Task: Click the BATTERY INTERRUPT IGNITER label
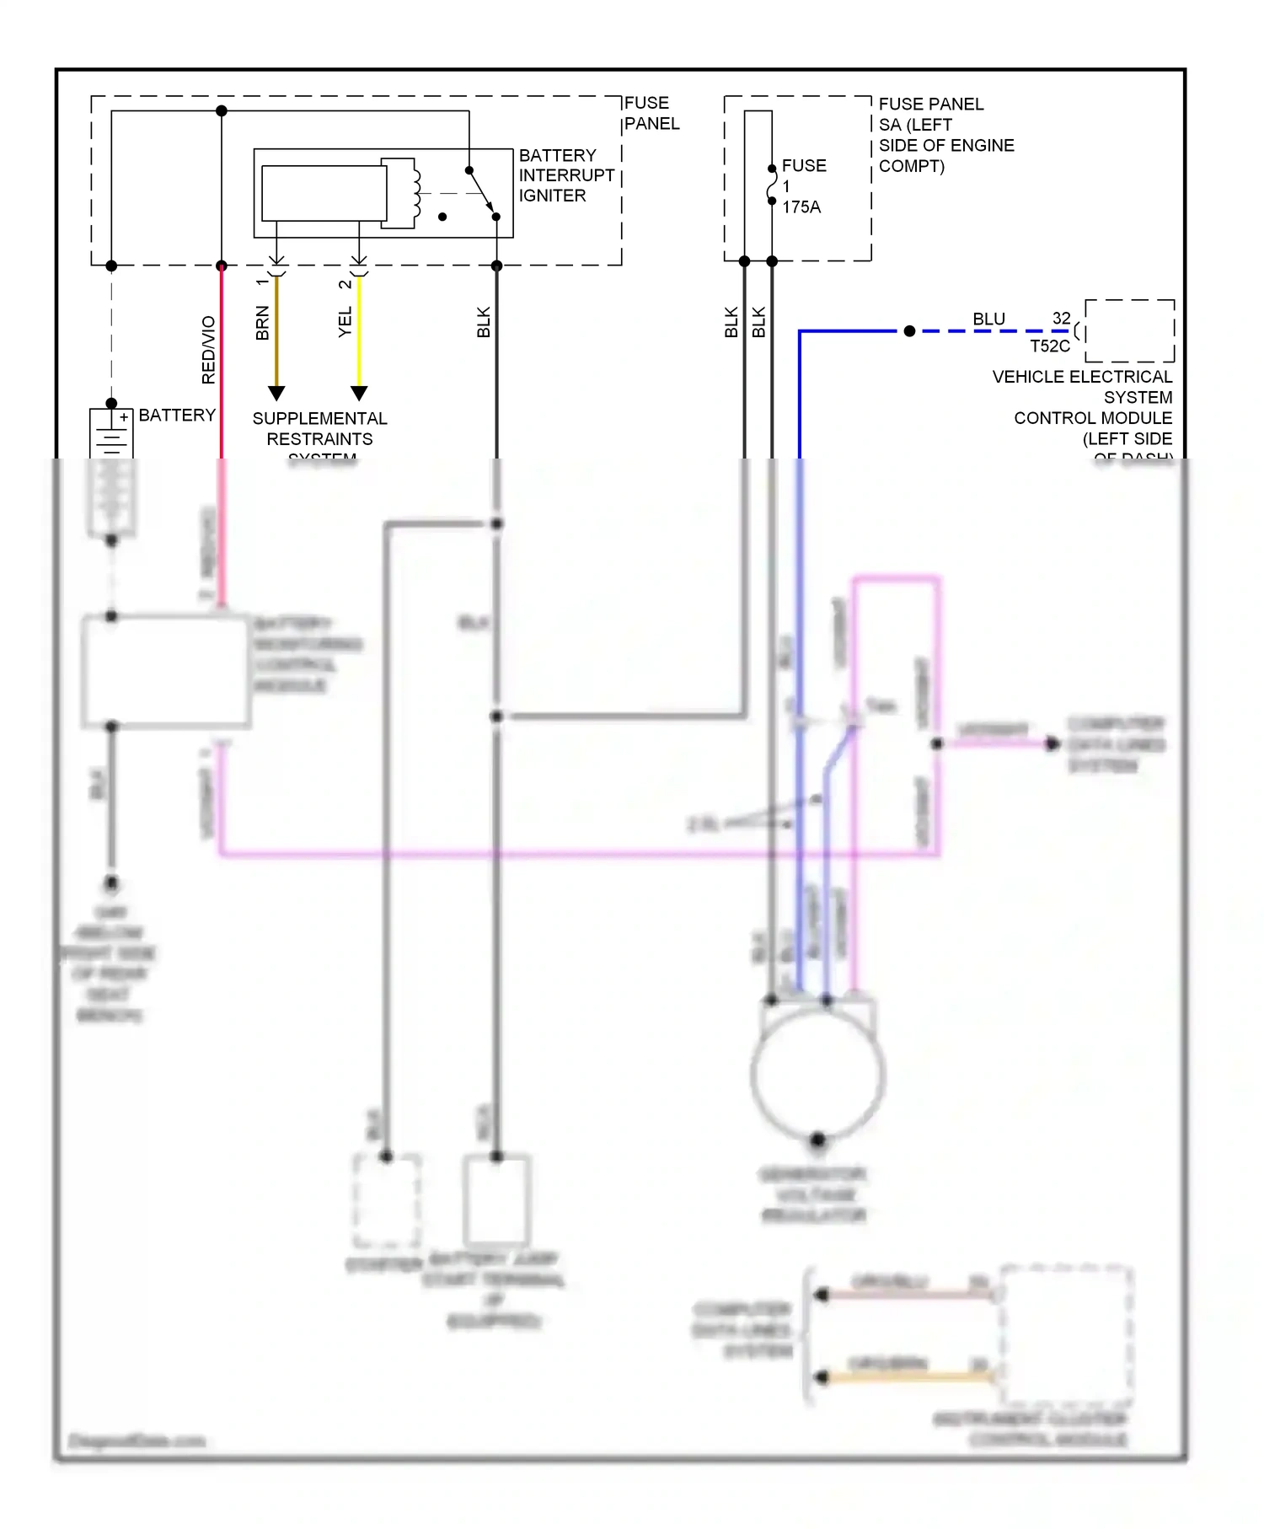point(565,175)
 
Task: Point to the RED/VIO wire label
point(208,350)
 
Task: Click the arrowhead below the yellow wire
point(359,394)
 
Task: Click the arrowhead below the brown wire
point(276,394)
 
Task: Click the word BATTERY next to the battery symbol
point(177,416)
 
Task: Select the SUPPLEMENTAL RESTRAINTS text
point(319,429)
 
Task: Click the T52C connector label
point(1049,346)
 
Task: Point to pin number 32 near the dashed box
point(1061,319)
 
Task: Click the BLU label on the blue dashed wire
point(988,319)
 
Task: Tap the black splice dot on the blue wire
point(909,331)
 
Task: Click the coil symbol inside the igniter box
point(415,193)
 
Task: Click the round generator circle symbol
point(817,1075)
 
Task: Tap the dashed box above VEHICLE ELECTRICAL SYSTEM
point(1129,330)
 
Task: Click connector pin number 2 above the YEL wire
point(345,284)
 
